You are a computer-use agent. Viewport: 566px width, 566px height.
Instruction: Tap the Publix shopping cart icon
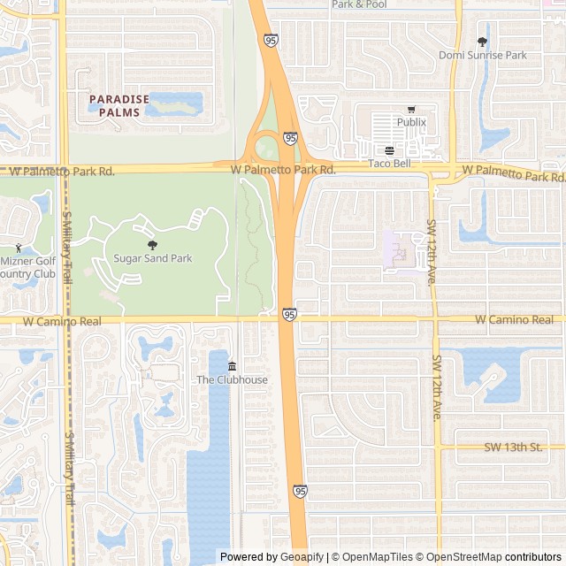(410, 110)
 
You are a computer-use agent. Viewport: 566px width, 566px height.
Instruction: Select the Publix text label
(411, 122)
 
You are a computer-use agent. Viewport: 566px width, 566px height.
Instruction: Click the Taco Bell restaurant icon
(389, 150)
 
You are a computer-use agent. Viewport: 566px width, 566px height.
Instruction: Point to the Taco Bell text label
(390, 164)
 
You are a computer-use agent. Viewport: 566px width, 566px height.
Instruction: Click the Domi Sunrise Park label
(483, 55)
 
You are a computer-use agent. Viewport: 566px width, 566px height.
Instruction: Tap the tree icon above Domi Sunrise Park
(482, 42)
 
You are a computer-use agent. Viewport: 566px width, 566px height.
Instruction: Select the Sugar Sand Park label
(153, 258)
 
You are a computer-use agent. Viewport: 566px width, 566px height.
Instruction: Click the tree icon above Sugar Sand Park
(152, 245)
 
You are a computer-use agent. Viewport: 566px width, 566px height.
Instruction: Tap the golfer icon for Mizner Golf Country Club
(19, 249)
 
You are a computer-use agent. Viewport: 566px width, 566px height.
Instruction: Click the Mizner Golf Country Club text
(27, 267)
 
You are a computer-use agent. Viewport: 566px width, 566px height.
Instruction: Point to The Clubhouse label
(232, 380)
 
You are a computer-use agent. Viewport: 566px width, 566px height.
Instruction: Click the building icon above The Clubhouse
(232, 367)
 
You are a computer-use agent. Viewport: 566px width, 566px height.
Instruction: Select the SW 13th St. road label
(513, 447)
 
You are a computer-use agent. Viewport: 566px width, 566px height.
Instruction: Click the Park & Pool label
(359, 4)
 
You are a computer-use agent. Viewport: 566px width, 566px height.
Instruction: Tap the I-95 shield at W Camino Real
(289, 314)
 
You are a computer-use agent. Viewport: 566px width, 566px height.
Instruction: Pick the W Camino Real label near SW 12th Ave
(514, 319)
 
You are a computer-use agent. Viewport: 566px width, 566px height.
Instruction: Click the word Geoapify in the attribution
(302, 557)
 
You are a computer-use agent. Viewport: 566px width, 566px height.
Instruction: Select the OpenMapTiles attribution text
(377, 557)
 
